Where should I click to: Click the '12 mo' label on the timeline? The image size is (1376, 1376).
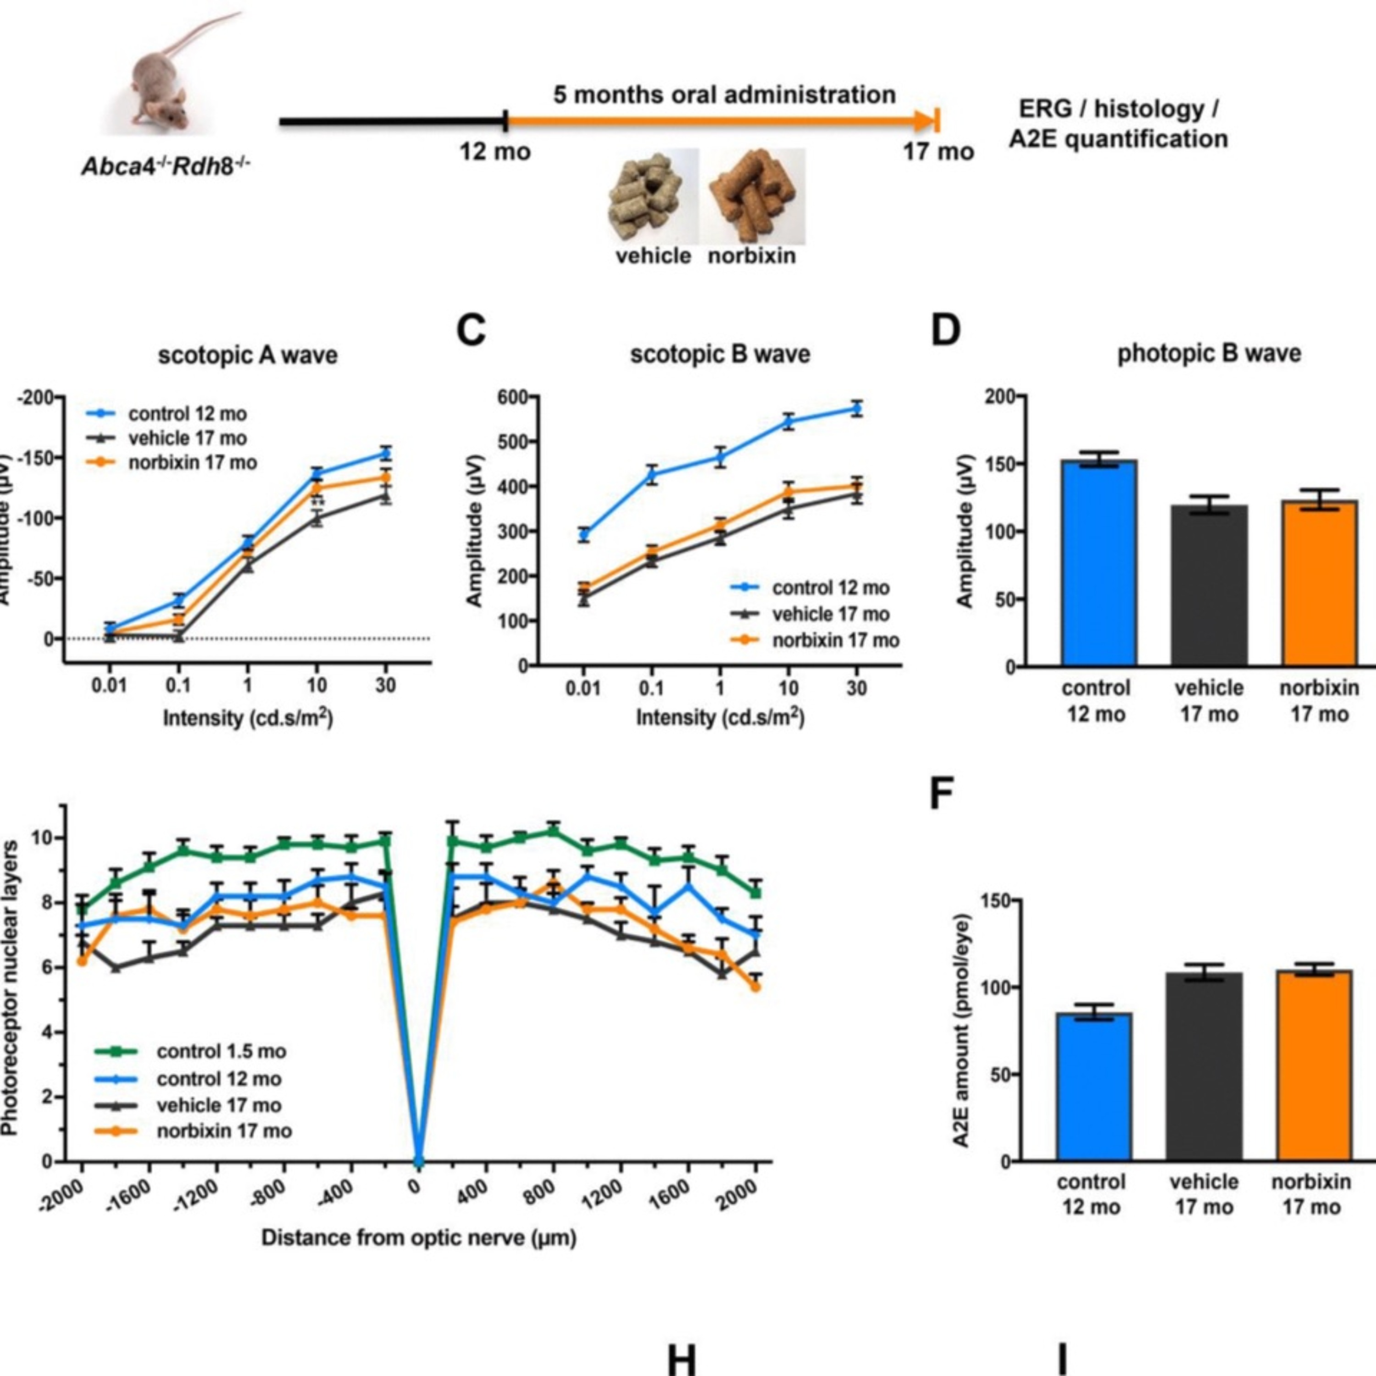495,152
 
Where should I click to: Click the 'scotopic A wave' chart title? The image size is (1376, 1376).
247,355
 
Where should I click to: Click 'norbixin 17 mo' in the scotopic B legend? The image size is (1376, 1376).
835,640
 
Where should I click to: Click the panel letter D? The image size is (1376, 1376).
946,331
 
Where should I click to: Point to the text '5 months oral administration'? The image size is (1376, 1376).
724,95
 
